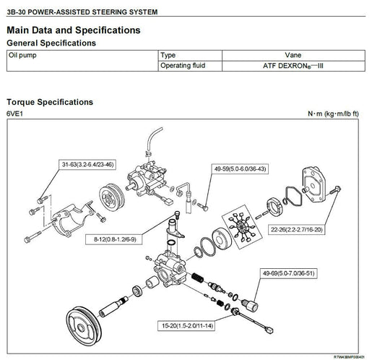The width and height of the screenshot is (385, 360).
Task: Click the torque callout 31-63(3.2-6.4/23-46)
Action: pos(87,164)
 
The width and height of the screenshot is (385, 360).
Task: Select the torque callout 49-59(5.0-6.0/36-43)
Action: pos(240,169)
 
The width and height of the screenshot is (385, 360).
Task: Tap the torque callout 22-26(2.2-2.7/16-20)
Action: pos(296,230)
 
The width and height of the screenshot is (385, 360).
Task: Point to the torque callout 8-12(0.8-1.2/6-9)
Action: pos(114,239)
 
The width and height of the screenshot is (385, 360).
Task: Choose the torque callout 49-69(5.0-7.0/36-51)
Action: pos(288,273)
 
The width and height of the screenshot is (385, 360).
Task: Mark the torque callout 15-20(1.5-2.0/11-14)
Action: pos(187,326)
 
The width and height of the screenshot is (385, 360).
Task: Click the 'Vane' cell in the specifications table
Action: pos(293,55)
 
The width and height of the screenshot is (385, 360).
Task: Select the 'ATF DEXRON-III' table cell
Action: pos(293,66)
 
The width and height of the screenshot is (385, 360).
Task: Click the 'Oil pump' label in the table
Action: pos(22,55)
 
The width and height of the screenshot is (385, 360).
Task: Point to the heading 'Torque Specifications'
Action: pos(50,102)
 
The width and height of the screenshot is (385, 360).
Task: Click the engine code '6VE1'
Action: pos(14,113)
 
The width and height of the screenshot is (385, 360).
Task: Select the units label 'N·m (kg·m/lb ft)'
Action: pos(333,113)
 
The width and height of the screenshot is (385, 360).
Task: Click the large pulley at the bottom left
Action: pos(84,326)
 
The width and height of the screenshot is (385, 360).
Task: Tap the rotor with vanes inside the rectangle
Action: pos(242,227)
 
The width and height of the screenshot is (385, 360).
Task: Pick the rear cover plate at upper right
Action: pos(313,184)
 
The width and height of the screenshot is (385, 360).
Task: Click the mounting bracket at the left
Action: pos(72,219)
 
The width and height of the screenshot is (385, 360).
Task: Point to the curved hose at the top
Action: pos(153,137)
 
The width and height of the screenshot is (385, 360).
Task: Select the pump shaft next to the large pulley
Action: pos(113,307)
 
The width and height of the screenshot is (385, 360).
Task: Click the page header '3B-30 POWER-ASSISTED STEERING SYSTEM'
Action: pos(82,12)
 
